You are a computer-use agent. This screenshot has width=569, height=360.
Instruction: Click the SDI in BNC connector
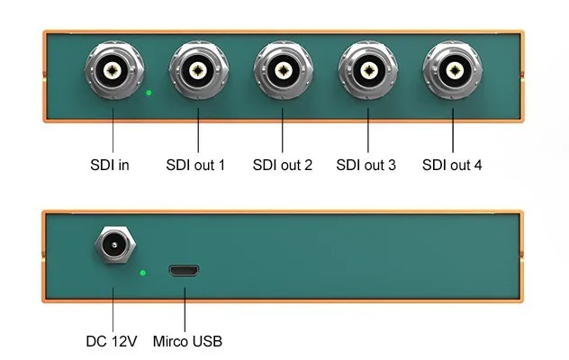(x=113, y=70)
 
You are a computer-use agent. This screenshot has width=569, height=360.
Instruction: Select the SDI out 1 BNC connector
(x=199, y=70)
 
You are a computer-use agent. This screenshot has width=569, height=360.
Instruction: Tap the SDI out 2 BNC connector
(x=283, y=70)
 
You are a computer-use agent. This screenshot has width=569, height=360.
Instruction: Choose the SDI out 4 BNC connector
(x=452, y=70)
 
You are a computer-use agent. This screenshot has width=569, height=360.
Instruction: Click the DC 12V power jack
(x=114, y=245)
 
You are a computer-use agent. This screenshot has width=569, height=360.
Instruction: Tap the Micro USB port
(x=184, y=271)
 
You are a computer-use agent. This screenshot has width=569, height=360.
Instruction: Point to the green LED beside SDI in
(x=149, y=93)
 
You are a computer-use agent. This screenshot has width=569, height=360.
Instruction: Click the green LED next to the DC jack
(x=140, y=270)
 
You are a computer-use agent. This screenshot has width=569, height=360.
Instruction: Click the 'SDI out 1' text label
(x=195, y=166)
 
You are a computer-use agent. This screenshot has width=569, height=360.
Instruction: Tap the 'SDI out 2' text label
(x=282, y=166)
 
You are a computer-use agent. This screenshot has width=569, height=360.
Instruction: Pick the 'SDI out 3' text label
(x=366, y=166)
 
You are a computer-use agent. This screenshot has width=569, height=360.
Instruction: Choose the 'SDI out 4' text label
(x=452, y=166)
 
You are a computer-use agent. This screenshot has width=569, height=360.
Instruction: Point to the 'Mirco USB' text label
(x=186, y=341)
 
